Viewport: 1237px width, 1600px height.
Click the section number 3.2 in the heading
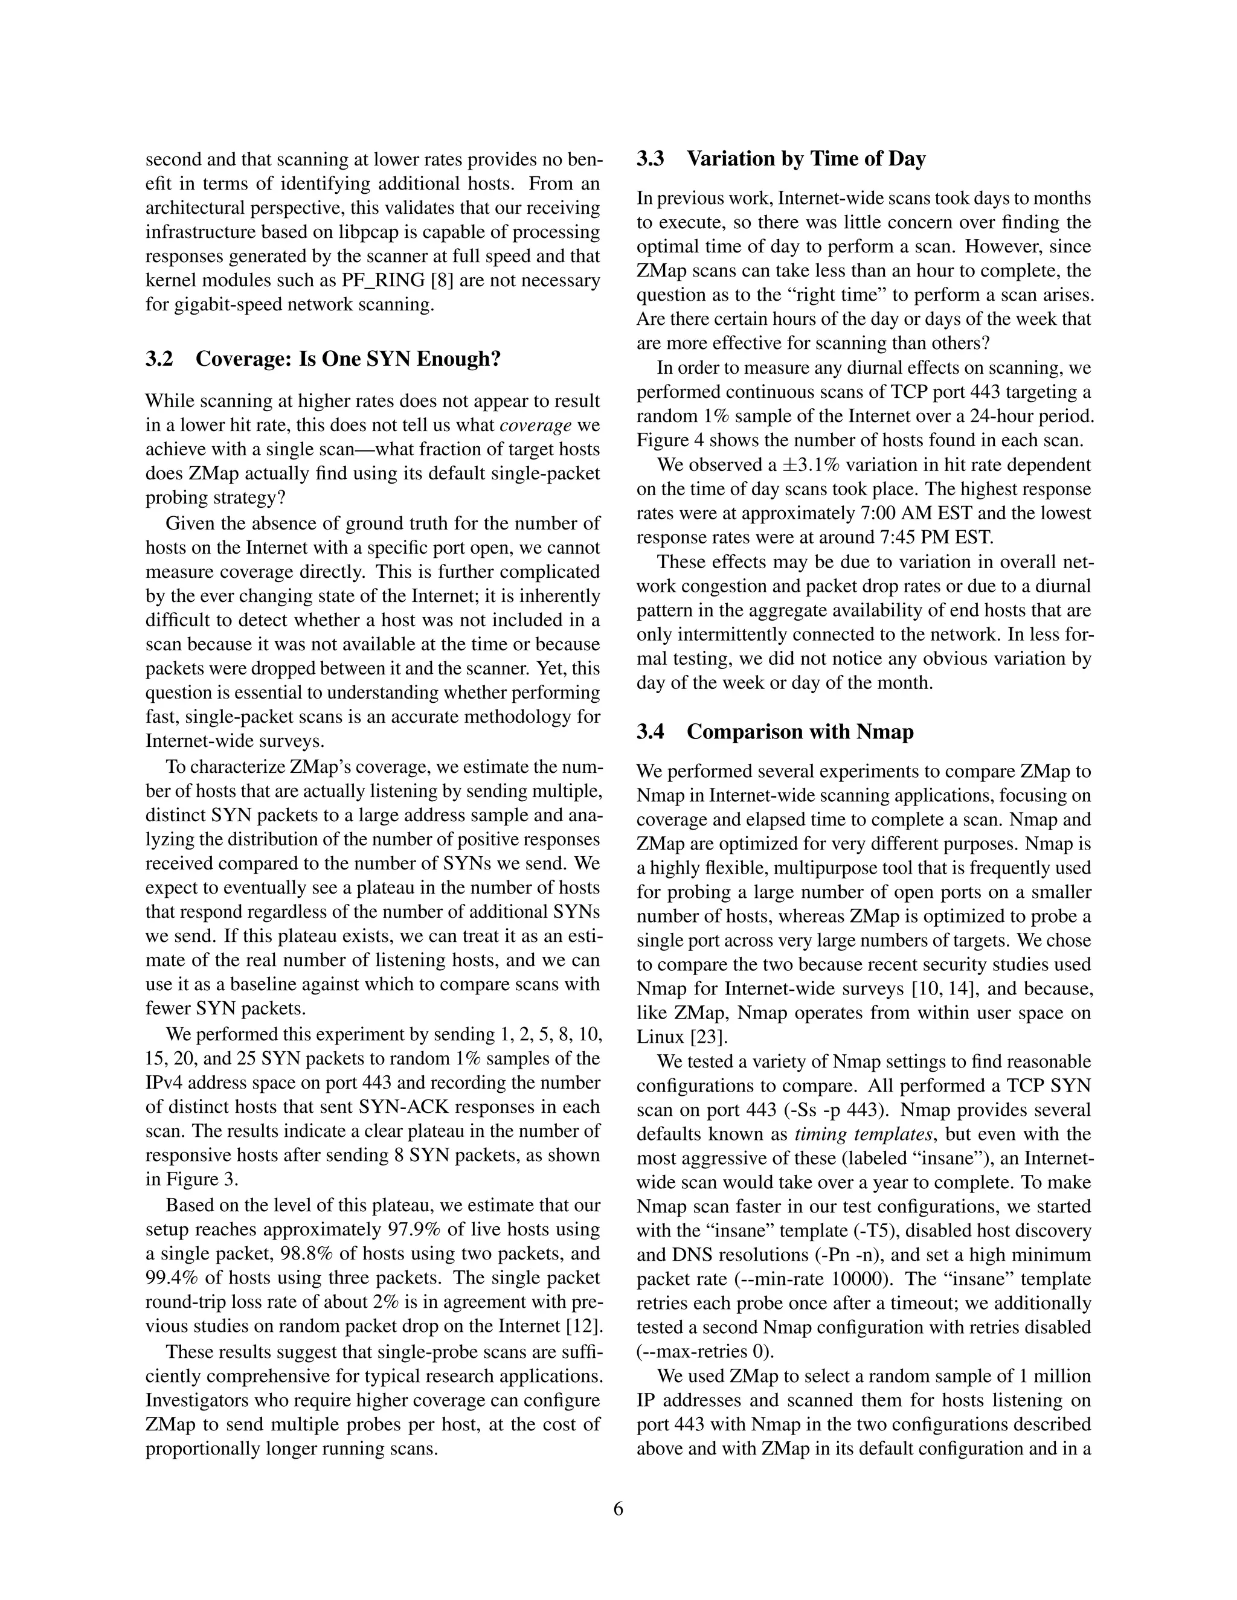click(159, 359)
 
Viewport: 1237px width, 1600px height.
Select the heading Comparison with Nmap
click(800, 732)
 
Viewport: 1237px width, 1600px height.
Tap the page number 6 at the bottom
click(618, 1509)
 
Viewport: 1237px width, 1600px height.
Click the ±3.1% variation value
click(801, 465)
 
